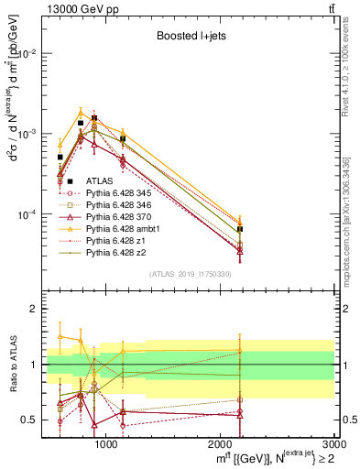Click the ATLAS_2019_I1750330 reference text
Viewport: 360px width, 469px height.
tap(190, 274)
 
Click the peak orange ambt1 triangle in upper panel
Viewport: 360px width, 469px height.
tap(81, 113)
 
